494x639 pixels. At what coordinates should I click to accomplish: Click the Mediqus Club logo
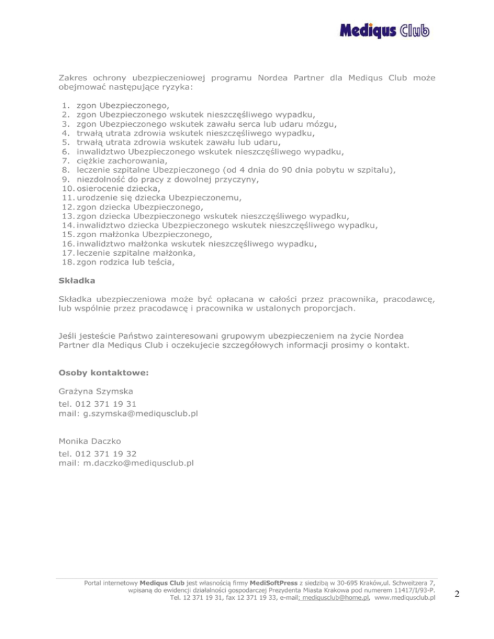[383, 31]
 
